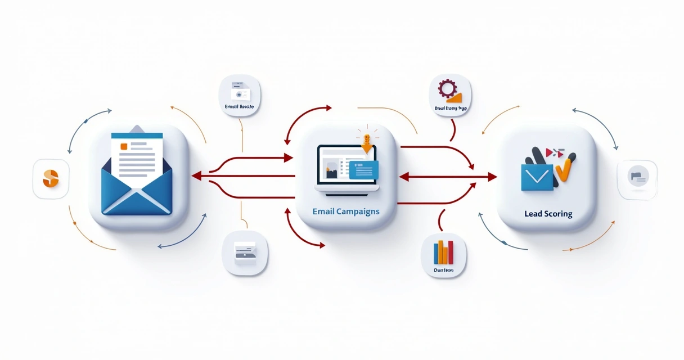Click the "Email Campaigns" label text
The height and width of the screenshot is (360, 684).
tap(345, 211)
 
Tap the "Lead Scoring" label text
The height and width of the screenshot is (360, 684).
tap(548, 214)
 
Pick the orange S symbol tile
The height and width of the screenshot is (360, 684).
tap(51, 179)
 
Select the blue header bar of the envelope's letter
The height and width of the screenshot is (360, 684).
tap(137, 136)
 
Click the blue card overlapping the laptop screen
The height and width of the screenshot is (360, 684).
tap(363, 169)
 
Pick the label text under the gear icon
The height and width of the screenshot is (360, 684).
tap(450, 107)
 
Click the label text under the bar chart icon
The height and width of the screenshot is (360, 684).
tap(443, 270)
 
